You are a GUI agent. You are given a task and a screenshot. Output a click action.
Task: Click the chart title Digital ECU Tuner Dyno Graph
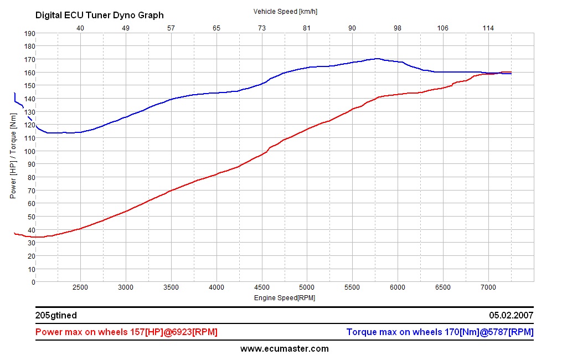pos(100,16)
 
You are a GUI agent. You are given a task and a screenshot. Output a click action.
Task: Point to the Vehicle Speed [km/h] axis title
pos(285,11)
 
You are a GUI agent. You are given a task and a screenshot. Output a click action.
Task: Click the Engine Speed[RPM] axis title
pos(285,298)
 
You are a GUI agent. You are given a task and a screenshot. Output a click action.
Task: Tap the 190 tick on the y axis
pos(29,33)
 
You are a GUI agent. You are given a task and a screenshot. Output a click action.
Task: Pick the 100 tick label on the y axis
pos(29,151)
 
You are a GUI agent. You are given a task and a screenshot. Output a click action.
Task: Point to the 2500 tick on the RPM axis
pos(80,287)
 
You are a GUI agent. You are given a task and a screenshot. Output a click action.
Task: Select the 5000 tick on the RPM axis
pos(307,287)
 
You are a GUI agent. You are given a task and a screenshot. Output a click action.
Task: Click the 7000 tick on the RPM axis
pos(488,287)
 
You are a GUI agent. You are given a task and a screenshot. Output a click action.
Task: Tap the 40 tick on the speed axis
pos(80,28)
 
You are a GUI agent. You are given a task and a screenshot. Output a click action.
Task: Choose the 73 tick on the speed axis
pos(261,28)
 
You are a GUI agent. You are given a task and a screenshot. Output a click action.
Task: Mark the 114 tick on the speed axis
pos(488,28)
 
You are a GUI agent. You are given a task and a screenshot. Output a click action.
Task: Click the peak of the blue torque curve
pos(377,58)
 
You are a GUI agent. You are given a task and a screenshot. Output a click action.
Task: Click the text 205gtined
pos(56,315)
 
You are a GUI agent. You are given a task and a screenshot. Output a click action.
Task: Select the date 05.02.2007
pos(511,315)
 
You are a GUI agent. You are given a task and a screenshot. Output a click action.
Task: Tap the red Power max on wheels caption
pos(126,332)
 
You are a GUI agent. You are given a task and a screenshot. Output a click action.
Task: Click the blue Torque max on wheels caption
pos(440,332)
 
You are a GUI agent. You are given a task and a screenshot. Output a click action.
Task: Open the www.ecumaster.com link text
pos(284,348)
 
